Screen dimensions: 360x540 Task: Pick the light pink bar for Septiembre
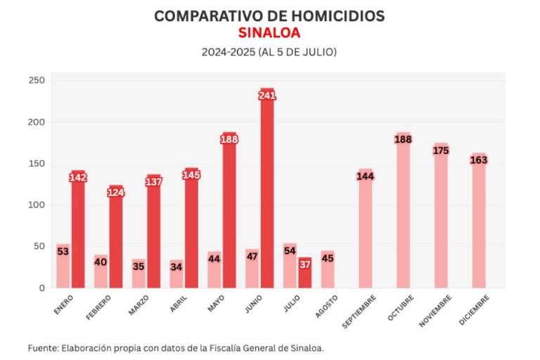click(x=365, y=232)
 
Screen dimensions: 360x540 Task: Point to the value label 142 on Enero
click(x=78, y=177)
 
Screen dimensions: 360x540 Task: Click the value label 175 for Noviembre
click(x=441, y=150)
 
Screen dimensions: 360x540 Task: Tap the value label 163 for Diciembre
click(x=478, y=160)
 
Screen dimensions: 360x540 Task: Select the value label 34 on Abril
click(x=176, y=266)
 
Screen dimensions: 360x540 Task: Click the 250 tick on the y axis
click(x=37, y=80)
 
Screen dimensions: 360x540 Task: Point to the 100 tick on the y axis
click(x=37, y=205)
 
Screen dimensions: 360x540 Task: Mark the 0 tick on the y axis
click(x=41, y=288)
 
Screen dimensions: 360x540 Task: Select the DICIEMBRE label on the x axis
click(x=473, y=310)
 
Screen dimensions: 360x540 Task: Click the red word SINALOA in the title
click(x=269, y=32)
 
